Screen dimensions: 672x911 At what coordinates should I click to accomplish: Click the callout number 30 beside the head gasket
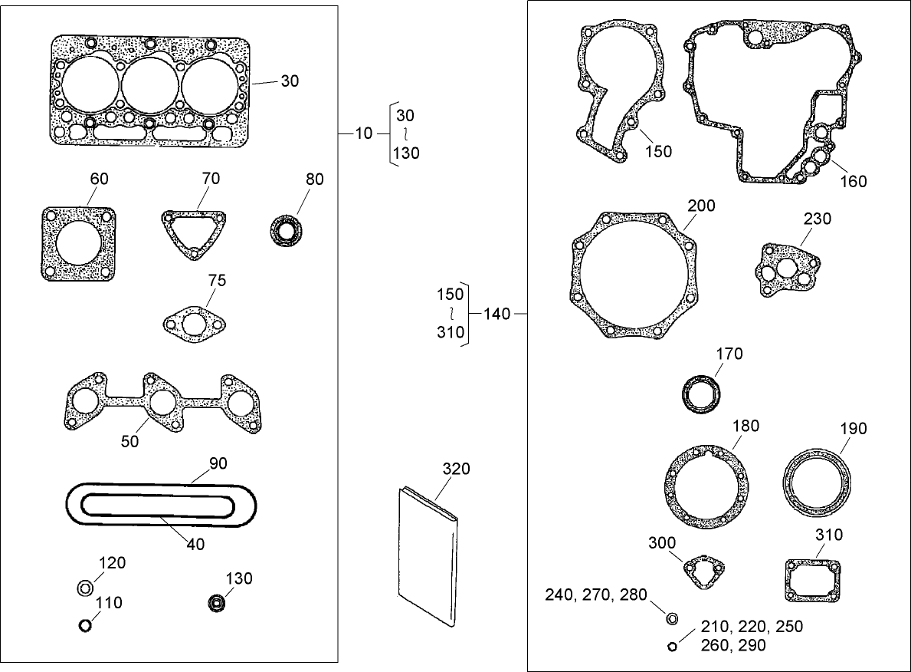click(x=290, y=81)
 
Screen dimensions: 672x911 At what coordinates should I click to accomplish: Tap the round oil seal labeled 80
click(x=287, y=230)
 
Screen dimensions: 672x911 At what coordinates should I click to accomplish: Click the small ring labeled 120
click(x=86, y=588)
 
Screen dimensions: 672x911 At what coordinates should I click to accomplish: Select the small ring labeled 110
click(x=86, y=626)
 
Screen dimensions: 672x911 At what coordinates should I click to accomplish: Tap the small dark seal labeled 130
click(x=218, y=603)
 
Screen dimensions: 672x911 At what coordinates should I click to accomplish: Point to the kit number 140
click(x=496, y=314)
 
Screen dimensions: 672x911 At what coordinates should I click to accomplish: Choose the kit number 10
click(x=364, y=133)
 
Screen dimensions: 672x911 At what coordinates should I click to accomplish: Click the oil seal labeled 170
click(x=701, y=394)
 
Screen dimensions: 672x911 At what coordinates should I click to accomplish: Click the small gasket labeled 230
click(x=785, y=268)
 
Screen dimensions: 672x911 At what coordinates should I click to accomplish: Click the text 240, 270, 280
click(x=596, y=595)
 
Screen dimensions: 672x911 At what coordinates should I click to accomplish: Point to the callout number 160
click(x=853, y=181)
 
